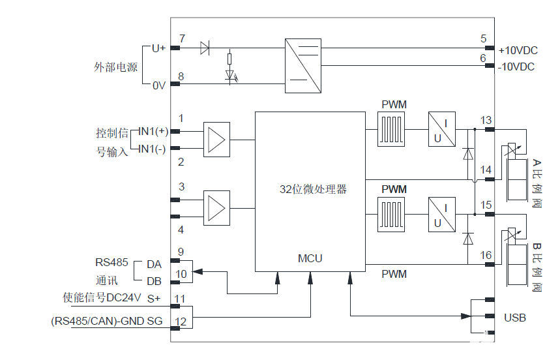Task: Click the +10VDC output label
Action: (x=518, y=50)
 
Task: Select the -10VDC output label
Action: (x=516, y=67)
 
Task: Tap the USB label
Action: (x=514, y=318)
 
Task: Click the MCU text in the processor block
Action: (x=310, y=258)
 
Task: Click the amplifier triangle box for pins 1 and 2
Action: (x=216, y=140)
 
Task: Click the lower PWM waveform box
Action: (x=393, y=215)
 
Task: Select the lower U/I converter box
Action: (x=442, y=215)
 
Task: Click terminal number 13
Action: (x=486, y=120)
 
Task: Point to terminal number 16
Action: (x=486, y=255)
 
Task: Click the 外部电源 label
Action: (x=115, y=67)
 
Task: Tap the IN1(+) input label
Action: (x=153, y=131)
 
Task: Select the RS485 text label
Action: (x=111, y=263)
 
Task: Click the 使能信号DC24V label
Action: (x=102, y=298)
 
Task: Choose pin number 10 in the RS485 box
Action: (x=181, y=274)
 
